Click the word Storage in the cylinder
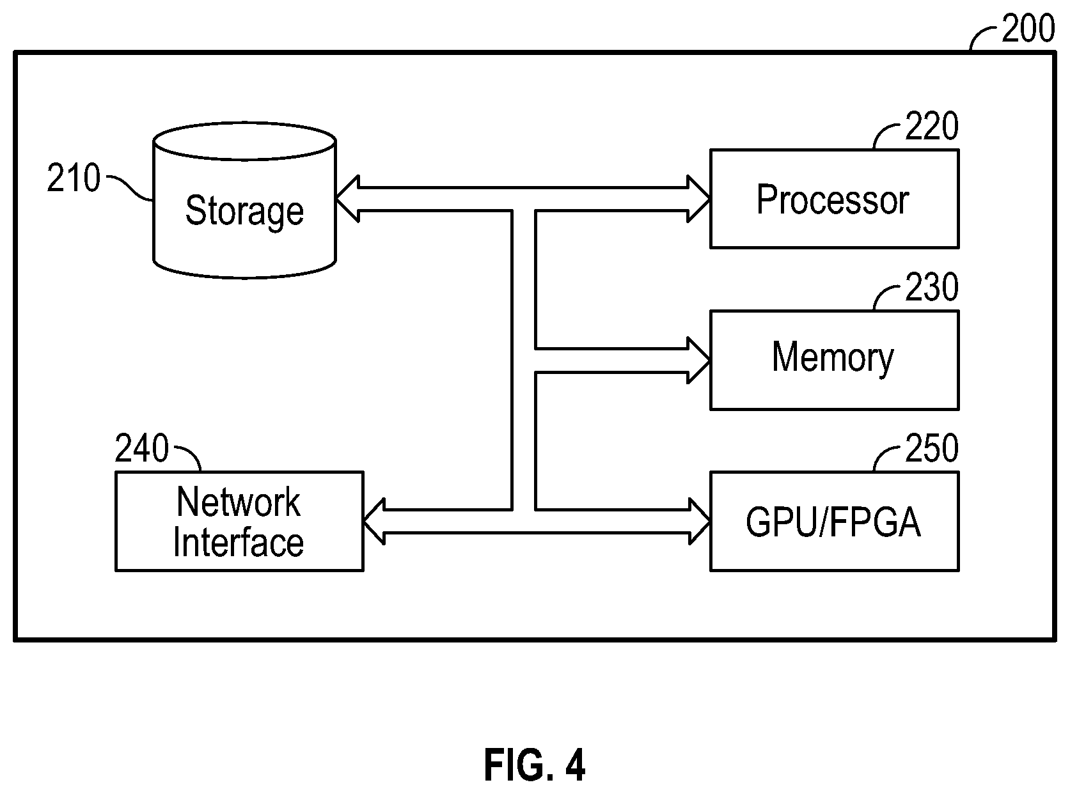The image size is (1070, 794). (244, 211)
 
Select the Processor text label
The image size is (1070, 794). (833, 199)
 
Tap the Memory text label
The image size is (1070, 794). (833, 358)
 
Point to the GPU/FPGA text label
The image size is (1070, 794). (833, 522)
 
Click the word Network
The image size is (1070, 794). (239, 502)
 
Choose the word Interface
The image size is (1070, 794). (239, 542)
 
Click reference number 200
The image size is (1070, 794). (1028, 29)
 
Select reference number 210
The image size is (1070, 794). (74, 178)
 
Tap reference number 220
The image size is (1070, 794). (932, 126)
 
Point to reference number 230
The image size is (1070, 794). (932, 287)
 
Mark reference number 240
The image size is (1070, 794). (141, 448)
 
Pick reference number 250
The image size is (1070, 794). (932, 448)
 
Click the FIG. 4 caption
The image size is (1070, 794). (535, 765)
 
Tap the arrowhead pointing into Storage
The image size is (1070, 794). (347, 199)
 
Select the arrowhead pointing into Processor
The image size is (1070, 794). (698, 199)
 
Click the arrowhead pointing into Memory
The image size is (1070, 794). (698, 361)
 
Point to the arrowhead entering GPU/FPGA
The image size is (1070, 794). (700, 522)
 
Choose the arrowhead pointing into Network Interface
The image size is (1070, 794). (374, 522)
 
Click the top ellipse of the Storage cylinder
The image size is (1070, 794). (244, 141)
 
